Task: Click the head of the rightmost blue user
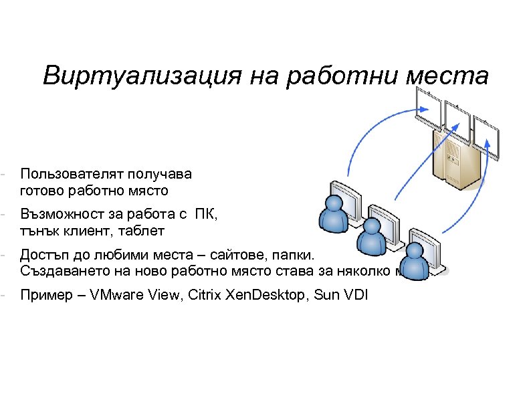pyautogui.click(x=415, y=252)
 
